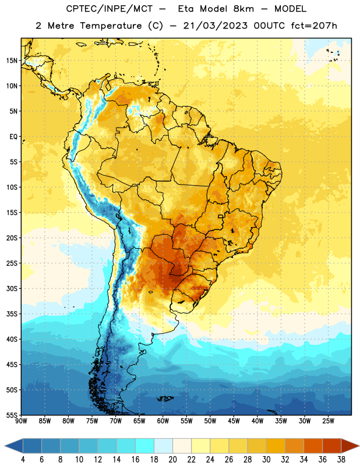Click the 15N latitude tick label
12,61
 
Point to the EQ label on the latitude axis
13,137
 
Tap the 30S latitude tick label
12,288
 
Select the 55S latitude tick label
12,415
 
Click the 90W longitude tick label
21,421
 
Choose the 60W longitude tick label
163,421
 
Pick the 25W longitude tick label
328,421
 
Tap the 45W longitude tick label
234,421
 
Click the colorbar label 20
172,460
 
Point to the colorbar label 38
341,460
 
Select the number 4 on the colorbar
23,460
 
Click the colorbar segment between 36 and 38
332,446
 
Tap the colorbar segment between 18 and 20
163,446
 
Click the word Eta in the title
186,9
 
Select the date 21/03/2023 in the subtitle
215,26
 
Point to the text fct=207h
314,26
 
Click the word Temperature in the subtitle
111,26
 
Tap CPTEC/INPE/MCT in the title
109,9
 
